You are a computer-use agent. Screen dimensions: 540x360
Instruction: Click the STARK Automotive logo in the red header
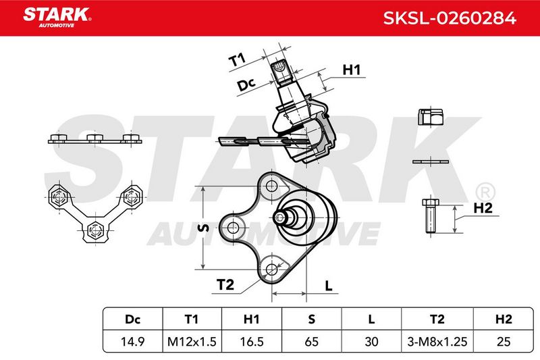click(57, 18)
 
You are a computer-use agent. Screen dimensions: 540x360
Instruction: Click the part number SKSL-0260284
click(450, 18)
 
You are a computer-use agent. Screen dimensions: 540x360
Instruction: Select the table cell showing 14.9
click(132, 341)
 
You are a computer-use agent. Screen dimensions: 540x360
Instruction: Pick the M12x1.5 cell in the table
click(192, 341)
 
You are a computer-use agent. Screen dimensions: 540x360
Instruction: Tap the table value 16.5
click(251, 341)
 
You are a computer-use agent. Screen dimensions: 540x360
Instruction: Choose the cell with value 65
click(311, 341)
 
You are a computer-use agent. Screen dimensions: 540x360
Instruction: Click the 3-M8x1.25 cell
click(437, 341)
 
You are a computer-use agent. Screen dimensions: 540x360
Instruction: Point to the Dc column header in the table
click(132, 319)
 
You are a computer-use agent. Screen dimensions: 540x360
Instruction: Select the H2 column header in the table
click(504, 319)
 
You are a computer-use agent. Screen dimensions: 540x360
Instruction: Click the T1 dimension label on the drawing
click(237, 59)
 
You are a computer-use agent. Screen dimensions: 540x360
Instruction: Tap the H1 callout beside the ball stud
click(351, 70)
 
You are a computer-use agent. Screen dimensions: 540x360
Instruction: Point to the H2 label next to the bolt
click(483, 208)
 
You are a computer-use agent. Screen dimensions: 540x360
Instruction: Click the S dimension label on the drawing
click(204, 228)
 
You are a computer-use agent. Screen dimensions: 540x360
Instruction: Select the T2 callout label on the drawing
click(225, 284)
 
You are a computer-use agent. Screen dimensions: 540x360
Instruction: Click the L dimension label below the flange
click(329, 286)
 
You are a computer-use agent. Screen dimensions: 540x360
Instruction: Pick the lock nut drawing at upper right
click(430, 117)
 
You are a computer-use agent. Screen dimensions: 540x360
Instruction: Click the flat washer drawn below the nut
click(431, 161)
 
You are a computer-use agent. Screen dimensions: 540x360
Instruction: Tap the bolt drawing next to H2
click(430, 217)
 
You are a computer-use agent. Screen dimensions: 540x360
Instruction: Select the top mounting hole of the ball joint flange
click(272, 186)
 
